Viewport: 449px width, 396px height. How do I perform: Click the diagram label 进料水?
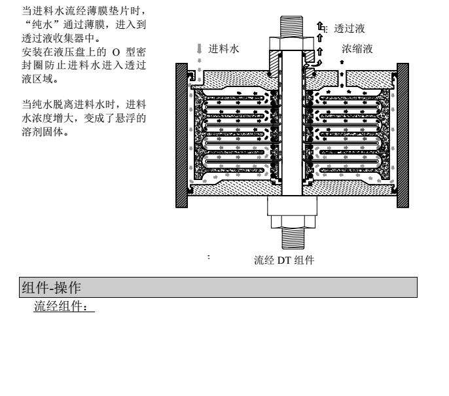pyautogui.click(x=223, y=49)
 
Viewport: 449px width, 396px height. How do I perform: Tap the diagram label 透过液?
pyautogui.click(x=349, y=29)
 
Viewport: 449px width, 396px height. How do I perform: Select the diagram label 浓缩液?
pyautogui.click(x=357, y=49)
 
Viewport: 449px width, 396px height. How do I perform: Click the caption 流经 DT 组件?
pyautogui.click(x=284, y=261)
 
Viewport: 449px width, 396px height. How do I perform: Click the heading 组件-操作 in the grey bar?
pyautogui.click(x=51, y=287)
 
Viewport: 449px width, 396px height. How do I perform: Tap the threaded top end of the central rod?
pyautogui.click(x=291, y=26)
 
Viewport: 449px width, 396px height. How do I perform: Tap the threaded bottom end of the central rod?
pyautogui.click(x=293, y=238)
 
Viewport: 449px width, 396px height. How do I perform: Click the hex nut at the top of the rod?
pyautogui.click(x=291, y=43)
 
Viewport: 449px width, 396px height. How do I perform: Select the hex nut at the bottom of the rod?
pyautogui.click(x=293, y=222)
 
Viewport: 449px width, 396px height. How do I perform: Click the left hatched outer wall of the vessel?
pyautogui.click(x=181, y=135)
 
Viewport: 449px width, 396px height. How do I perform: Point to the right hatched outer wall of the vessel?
pyautogui.click(x=403, y=135)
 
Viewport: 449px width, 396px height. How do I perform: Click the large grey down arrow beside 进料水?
pyautogui.click(x=200, y=48)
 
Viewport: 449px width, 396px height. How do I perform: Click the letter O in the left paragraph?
pyautogui.click(x=116, y=52)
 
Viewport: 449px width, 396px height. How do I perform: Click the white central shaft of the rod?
pyautogui.click(x=292, y=123)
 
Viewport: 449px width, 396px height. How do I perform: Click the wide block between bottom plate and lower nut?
pyautogui.click(x=293, y=206)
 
